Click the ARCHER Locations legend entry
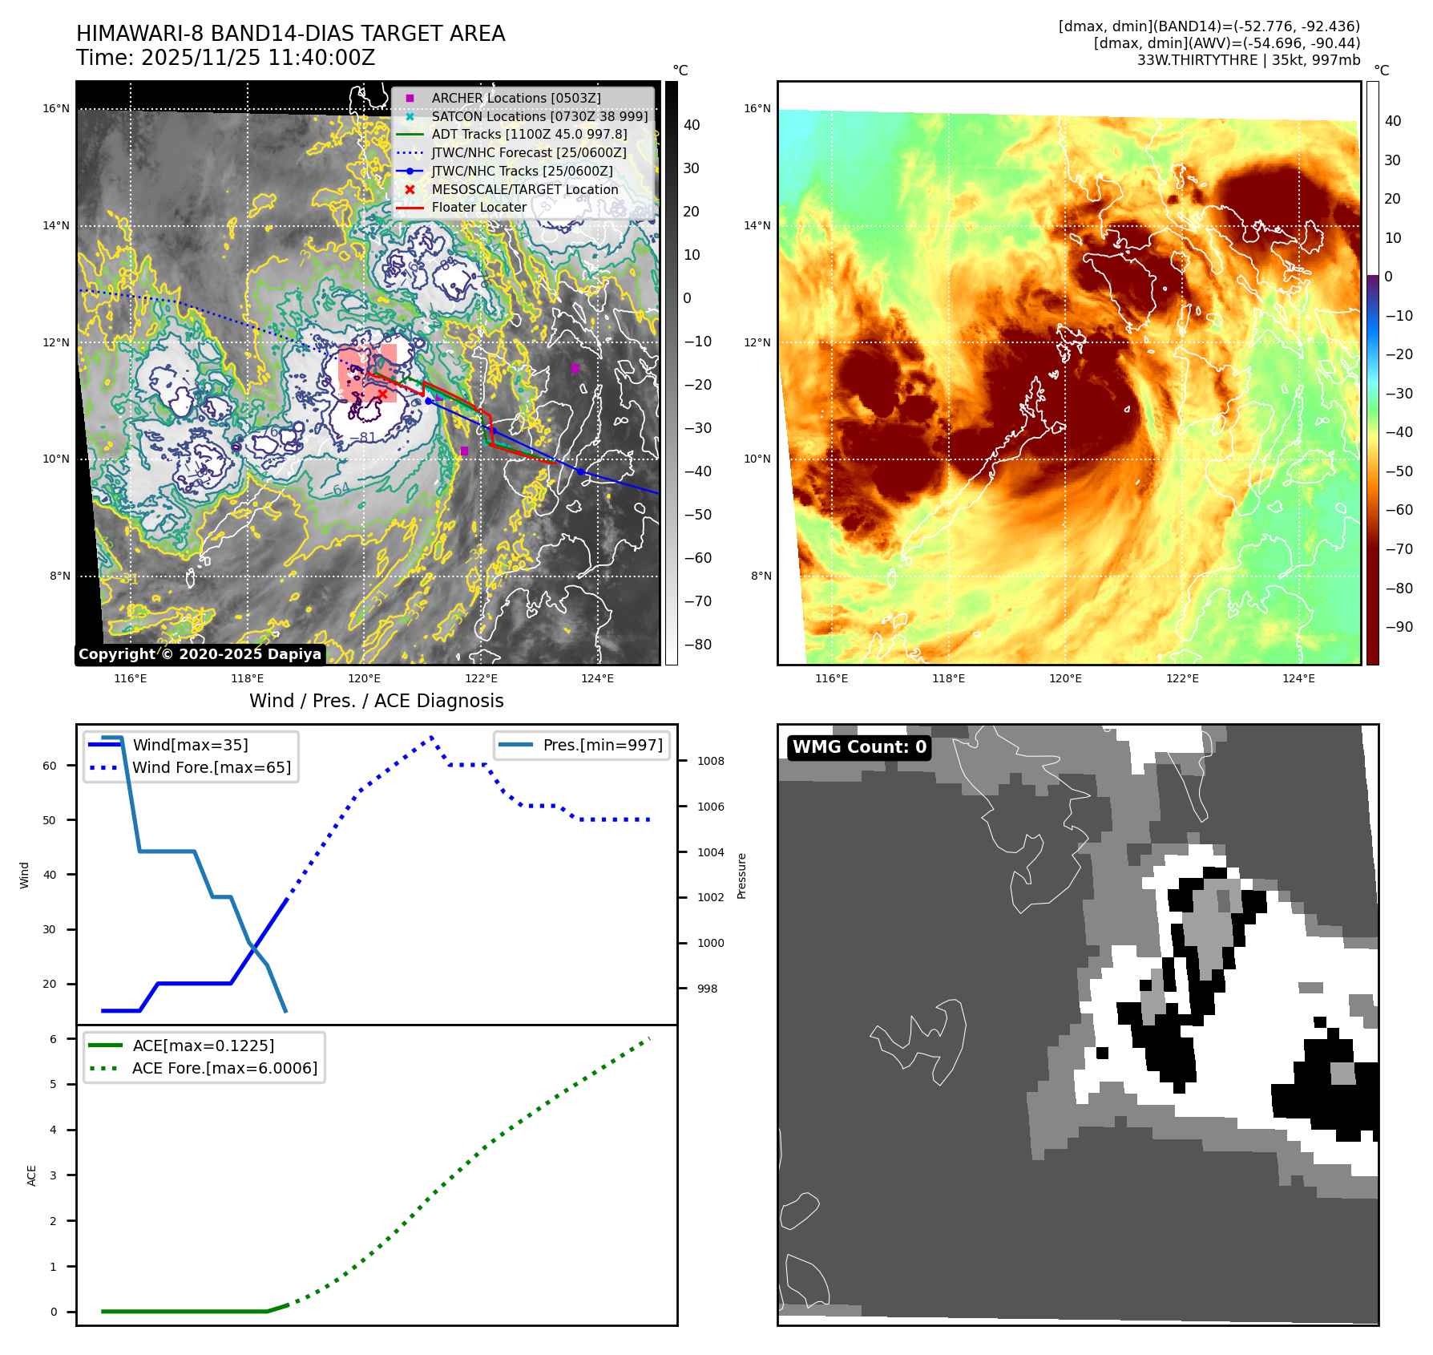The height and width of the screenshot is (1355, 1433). click(x=515, y=98)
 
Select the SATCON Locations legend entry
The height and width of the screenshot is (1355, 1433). click(x=539, y=116)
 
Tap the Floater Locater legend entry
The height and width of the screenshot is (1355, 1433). click(x=478, y=207)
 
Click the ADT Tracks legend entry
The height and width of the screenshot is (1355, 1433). click(x=529, y=135)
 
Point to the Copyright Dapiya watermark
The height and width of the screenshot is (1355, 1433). click(x=200, y=654)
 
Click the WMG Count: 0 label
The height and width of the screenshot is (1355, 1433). click(x=859, y=747)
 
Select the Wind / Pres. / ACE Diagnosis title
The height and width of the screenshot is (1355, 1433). click(x=376, y=701)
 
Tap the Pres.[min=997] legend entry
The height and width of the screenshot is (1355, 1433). click(x=602, y=745)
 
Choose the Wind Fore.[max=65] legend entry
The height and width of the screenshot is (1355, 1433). click(x=212, y=767)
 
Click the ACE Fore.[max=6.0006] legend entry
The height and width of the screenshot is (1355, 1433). click(x=224, y=1068)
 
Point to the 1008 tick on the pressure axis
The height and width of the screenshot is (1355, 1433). click(x=710, y=761)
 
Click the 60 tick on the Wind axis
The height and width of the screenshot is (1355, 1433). click(x=50, y=766)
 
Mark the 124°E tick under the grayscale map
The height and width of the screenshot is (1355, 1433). click(x=597, y=678)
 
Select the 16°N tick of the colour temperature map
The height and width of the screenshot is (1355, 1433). click(x=757, y=108)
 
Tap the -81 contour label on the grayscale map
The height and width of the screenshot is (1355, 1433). click(x=362, y=438)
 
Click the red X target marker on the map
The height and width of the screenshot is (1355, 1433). click(x=382, y=394)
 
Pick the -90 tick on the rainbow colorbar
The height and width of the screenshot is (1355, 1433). click(x=1399, y=627)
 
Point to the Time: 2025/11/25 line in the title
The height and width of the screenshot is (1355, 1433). click(x=225, y=58)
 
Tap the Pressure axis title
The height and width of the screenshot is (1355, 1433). click(x=741, y=876)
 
